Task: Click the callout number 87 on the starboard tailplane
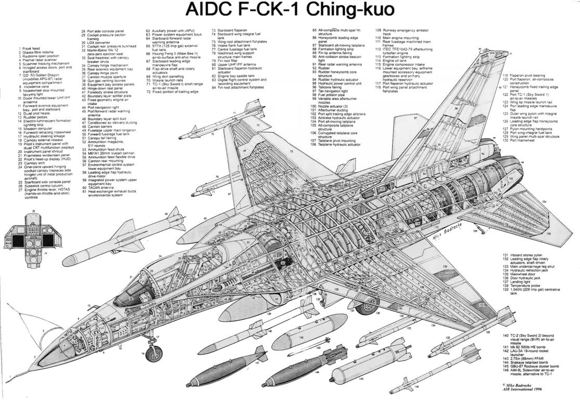coord(415,118)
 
